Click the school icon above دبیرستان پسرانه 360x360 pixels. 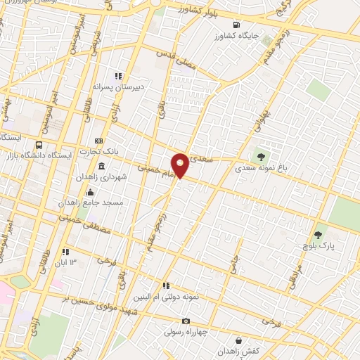pyautogui.click(x=119, y=76)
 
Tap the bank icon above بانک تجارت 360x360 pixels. pyautogui.click(x=98, y=141)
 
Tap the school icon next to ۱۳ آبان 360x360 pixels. pyautogui.click(x=65, y=252)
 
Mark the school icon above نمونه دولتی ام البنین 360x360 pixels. pyautogui.click(x=166, y=285)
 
